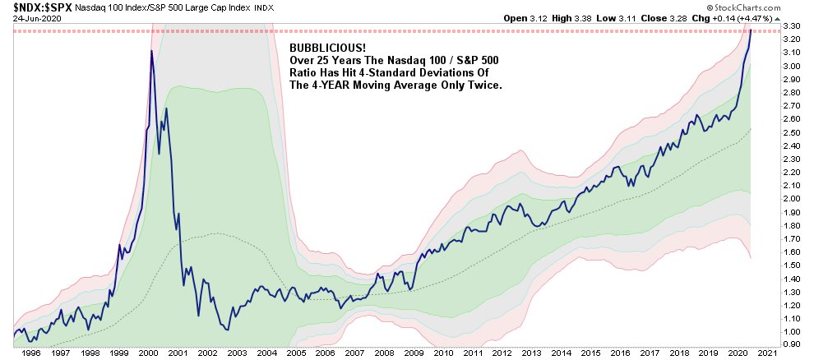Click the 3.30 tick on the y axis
[793, 26]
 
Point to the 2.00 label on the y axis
[793, 198]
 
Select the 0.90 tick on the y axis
[793, 344]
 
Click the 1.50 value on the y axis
[793, 265]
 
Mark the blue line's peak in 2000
[150, 51]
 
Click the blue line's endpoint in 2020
[751, 30]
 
